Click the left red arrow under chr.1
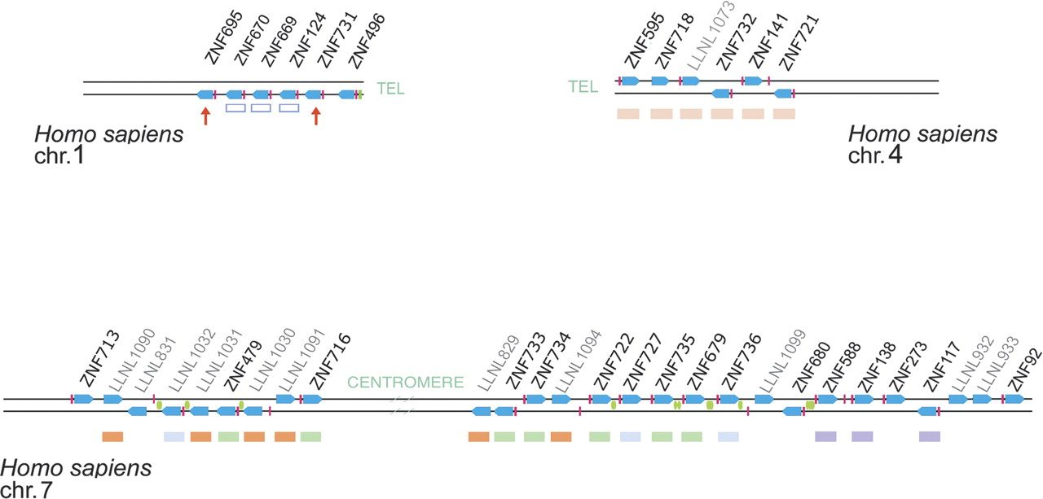click(x=205, y=116)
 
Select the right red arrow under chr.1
click(x=316, y=116)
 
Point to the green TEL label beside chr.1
click(x=391, y=89)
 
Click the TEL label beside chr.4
click(x=583, y=86)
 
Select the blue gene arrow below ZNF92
click(x=1014, y=399)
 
